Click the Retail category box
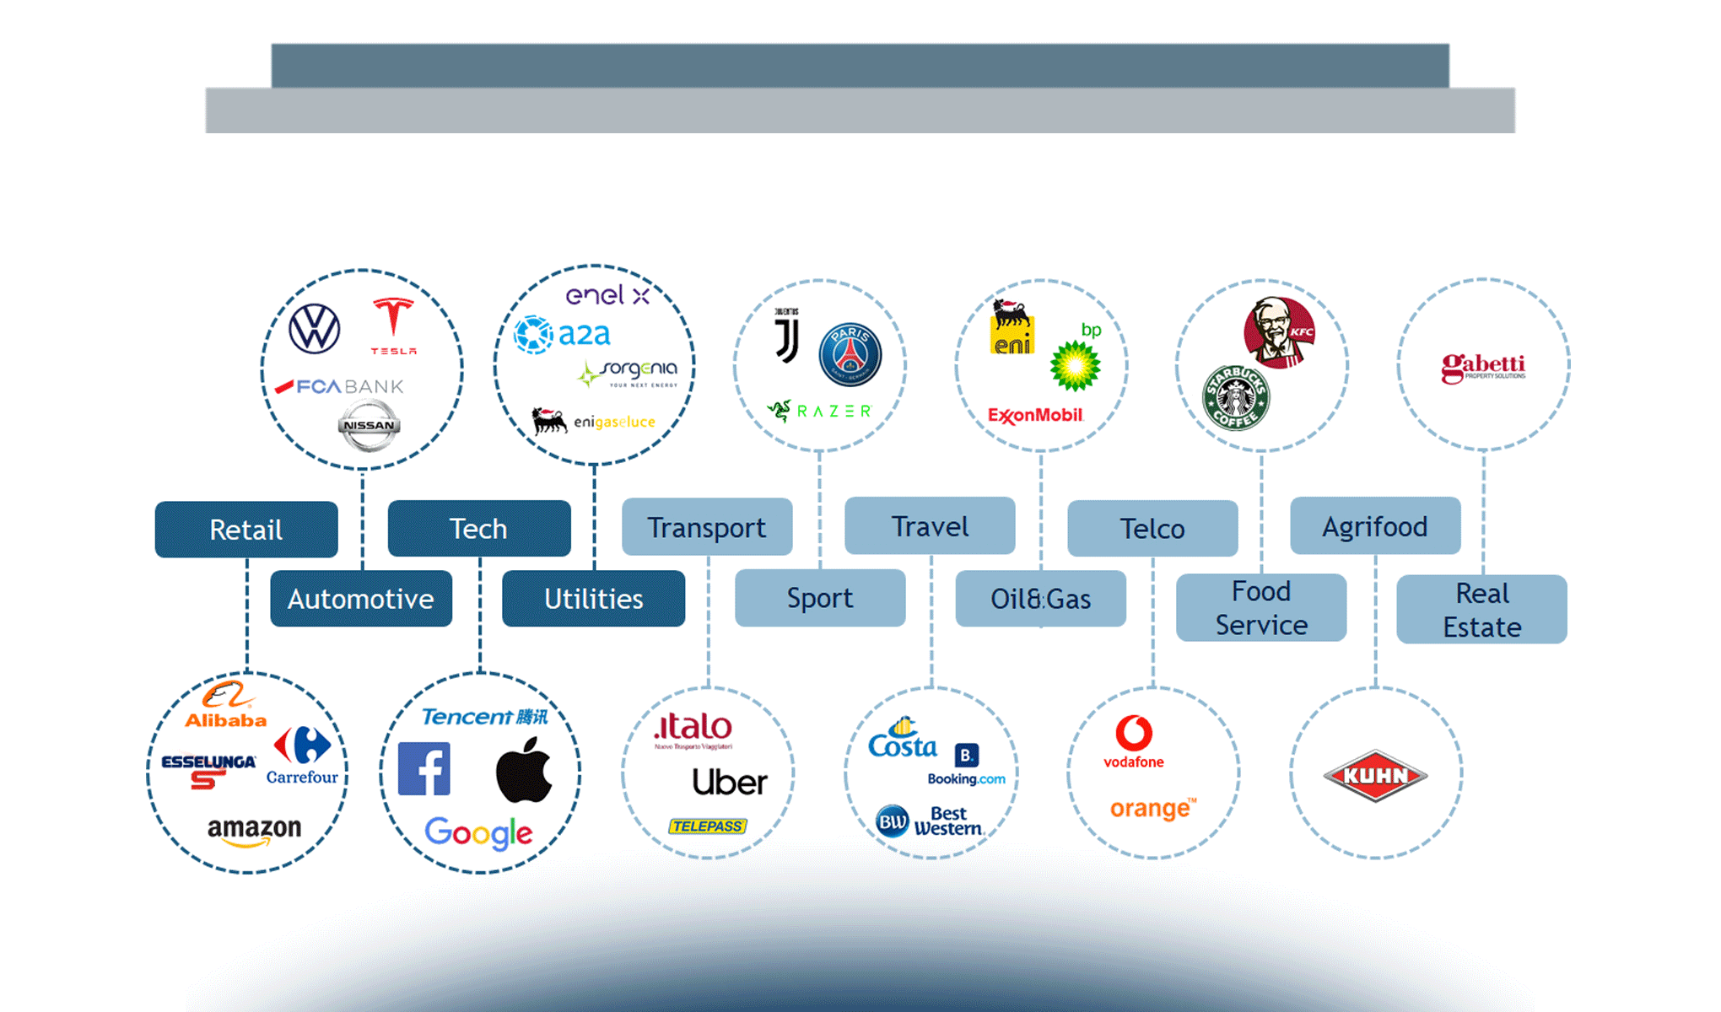pyautogui.click(x=246, y=530)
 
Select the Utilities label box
pyautogui.click(x=593, y=599)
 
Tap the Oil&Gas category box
pyautogui.click(x=1040, y=599)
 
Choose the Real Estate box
pyautogui.click(x=1481, y=610)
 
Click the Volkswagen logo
pyautogui.click(x=315, y=329)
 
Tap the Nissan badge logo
pyautogui.click(x=369, y=425)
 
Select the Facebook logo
pyautogui.click(x=424, y=768)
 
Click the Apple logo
pyautogui.click(x=524, y=769)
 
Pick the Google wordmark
pyautogui.click(x=478, y=832)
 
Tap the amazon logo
pyautogui.click(x=254, y=830)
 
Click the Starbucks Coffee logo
pyautogui.click(x=1236, y=397)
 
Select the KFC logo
pyautogui.click(x=1279, y=332)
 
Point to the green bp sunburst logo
pyautogui.click(x=1075, y=365)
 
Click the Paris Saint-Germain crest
pyautogui.click(x=850, y=354)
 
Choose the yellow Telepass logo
pyautogui.click(x=708, y=826)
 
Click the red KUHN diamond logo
pyautogui.click(x=1375, y=775)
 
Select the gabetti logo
pyautogui.click(x=1483, y=368)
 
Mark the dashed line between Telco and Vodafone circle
pyautogui.click(x=1152, y=624)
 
